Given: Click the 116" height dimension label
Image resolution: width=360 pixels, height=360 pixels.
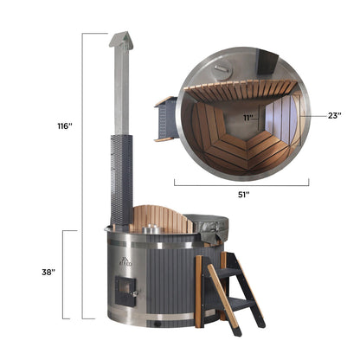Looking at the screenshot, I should [x=63, y=126].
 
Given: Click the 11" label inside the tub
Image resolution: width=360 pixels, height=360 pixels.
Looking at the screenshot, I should [x=248, y=115].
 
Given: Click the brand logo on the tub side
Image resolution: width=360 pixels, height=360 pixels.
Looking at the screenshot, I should [x=120, y=260].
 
